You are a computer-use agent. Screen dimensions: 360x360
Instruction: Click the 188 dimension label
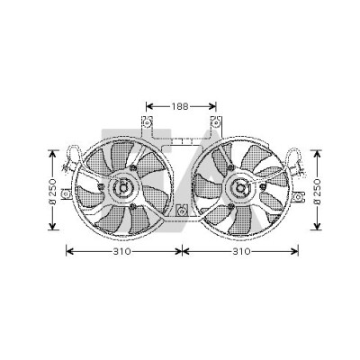point(180,106)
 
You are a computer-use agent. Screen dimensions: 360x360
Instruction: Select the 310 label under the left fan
point(122,251)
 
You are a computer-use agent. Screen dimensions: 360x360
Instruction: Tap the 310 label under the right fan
point(241,251)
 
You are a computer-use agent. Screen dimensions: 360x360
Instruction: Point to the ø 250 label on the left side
point(52,192)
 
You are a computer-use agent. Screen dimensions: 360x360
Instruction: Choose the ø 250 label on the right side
point(317,192)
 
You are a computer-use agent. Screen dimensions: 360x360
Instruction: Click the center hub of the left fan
point(123,188)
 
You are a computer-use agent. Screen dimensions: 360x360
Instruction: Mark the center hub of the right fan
point(240,188)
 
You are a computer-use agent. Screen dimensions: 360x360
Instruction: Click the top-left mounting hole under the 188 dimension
point(147,123)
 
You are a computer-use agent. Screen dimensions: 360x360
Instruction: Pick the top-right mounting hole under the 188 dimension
point(216,123)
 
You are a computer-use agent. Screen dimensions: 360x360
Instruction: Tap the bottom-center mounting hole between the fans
point(181,211)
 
